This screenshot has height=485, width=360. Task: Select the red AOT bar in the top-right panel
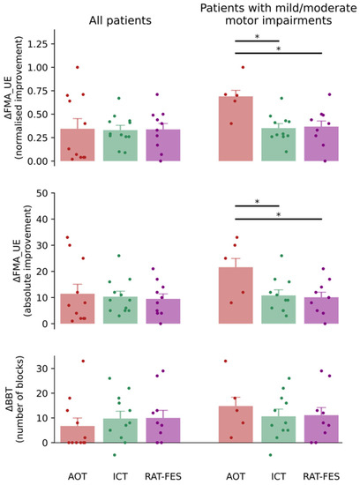236,129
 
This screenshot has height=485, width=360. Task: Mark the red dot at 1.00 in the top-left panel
77,67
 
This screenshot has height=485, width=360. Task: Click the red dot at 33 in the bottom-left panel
83,361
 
